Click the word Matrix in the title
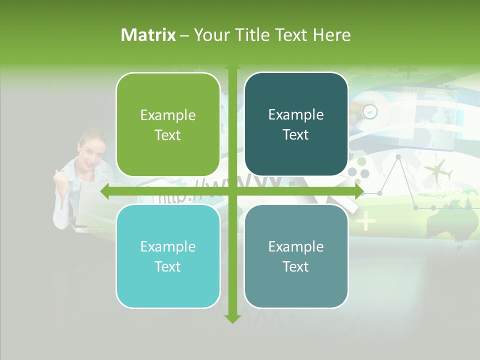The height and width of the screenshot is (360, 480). (x=148, y=35)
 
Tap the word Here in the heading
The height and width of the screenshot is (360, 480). (x=331, y=35)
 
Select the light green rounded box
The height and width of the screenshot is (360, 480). (x=168, y=124)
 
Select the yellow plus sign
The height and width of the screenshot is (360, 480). (x=366, y=220)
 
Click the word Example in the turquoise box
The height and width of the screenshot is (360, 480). (x=168, y=246)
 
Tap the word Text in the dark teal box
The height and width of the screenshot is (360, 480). (x=296, y=134)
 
